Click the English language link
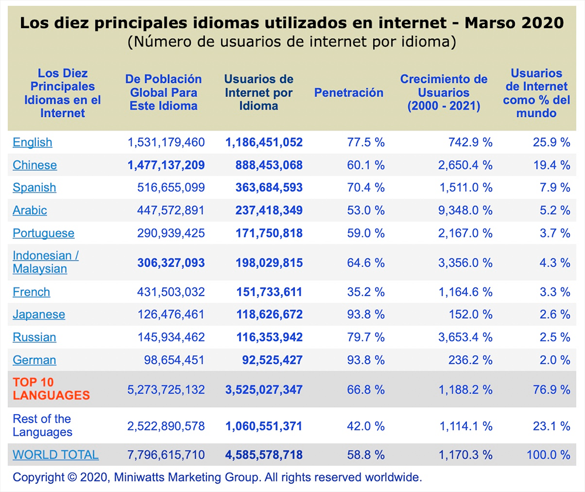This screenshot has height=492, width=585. [x=32, y=142]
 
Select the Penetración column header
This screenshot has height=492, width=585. [x=349, y=92]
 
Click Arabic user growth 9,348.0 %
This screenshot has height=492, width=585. [x=465, y=211]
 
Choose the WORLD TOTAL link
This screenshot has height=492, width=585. [x=56, y=455]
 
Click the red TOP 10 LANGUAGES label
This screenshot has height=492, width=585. [x=51, y=389]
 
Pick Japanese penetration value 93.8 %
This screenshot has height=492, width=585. [x=366, y=315]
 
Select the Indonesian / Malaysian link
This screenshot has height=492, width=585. [x=45, y=262]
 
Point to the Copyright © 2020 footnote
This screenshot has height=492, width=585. [x=217, y=477]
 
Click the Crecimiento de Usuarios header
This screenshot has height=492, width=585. [x=443, y=92]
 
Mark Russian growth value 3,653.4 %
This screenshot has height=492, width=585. [x=465, y=338]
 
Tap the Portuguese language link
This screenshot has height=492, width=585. [x=43, y=233]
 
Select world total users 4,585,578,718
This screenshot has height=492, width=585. [x=264, y=455]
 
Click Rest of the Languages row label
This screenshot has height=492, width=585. [x=42, y=425]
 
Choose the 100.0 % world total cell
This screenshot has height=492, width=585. [x=548, y=455]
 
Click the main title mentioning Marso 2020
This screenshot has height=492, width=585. [x=292, y=23]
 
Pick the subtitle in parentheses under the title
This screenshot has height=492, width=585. [x=292, y=42]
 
